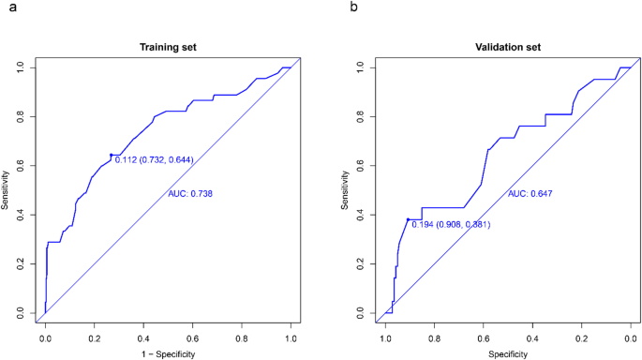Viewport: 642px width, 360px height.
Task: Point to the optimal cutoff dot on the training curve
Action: pyautogui.click(x=112, y=155)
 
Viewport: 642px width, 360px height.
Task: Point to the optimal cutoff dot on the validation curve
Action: pyautogui.click(x=409, y=219)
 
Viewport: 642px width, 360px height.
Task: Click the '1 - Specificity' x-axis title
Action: pyautogui.click(x=168, y=352)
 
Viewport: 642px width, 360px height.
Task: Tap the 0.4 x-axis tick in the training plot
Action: pyautogui.click(x=143, y=334)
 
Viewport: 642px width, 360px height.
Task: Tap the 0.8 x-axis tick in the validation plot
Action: pyautogui.click(x=435, y=334)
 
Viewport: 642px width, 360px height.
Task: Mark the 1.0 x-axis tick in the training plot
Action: pyautogui.click(x=291, y=334)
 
